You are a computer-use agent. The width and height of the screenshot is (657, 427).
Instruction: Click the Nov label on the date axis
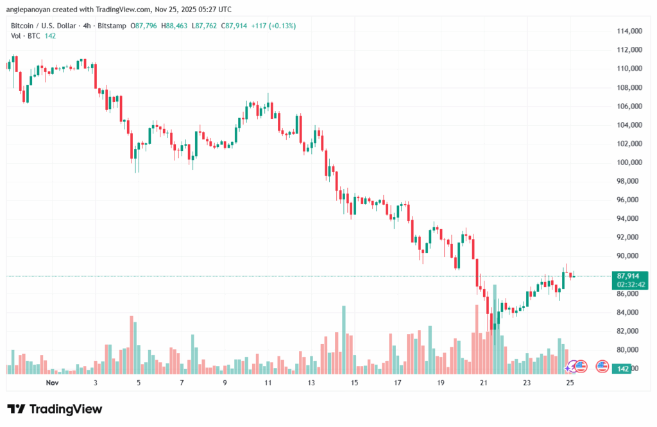[x=53, y=383]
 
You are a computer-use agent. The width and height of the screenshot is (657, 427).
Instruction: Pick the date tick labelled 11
[x=268, y=383]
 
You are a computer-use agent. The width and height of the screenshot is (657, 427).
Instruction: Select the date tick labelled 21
[x=484, y=383]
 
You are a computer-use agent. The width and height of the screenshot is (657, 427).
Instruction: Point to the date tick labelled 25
[x=570, y=383]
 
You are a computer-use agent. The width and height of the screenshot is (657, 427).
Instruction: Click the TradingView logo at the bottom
[x=55, y=409]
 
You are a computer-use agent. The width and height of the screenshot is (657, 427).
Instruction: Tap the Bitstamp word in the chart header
[x=112, y=26]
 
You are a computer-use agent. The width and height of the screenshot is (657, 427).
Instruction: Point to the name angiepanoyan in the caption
[x=33, y=10]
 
